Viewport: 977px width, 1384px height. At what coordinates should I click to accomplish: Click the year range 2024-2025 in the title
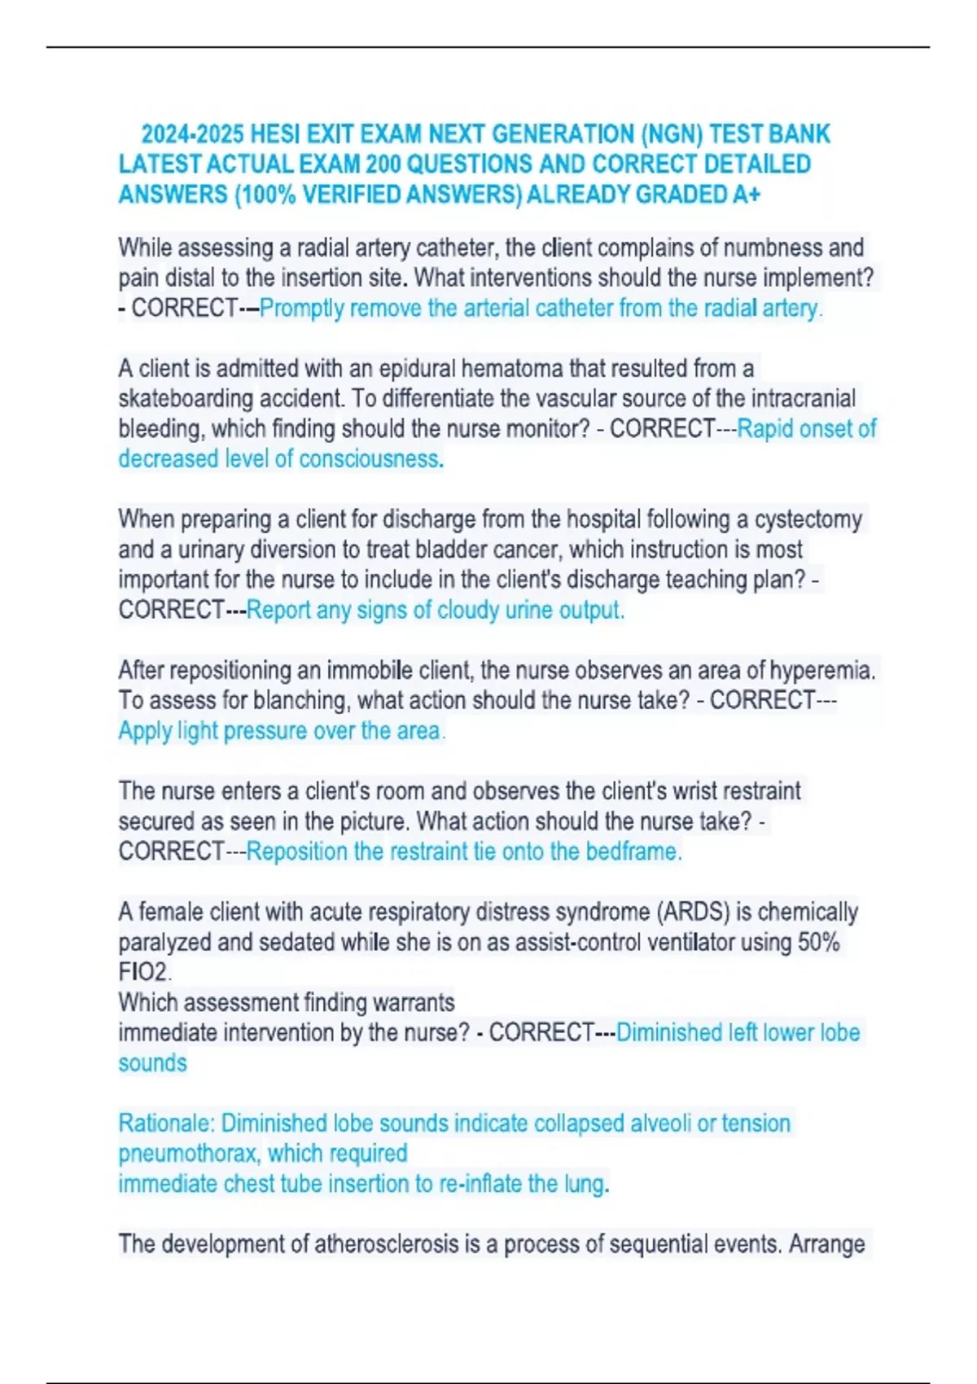(x=193, y=134)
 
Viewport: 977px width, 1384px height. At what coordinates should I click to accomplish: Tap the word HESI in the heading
(x=277, y=134)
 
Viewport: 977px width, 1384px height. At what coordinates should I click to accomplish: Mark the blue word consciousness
(x=371, y=459)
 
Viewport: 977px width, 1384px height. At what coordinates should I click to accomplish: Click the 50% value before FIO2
(x=819, y=943)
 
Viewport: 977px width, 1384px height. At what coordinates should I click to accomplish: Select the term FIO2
(x=144, y=972)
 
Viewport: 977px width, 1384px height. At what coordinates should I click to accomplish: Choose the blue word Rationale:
(x=166, y=1123)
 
